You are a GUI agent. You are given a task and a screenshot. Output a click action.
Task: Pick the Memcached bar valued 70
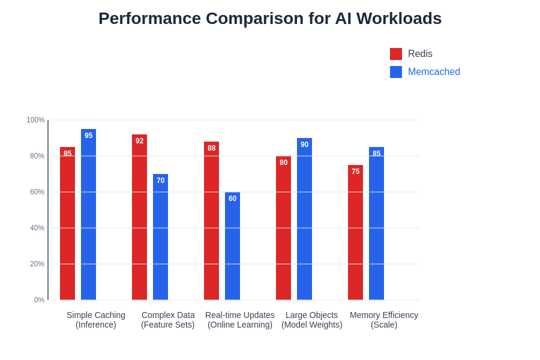pyautogui.click(x=160, y=237)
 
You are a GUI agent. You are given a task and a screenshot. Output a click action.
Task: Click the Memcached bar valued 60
pyautogui.click(x=232, y=246)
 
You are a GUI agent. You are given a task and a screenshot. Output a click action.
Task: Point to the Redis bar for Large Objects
pyautogui.click(x=283, y=228)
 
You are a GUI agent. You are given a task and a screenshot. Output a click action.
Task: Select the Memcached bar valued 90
pyautogui.click(x=304, y=219)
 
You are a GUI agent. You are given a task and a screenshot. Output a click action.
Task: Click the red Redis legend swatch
pyautogui.click(x=396, y=54)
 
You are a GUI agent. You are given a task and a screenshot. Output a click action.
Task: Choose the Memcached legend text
pyautogui.click(x=434, y=72)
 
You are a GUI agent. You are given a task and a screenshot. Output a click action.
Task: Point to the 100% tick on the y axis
pyautogui.click(x=35, y=120)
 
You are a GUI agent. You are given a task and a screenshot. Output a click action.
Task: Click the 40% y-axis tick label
pyautogui.click(x=37, y=228)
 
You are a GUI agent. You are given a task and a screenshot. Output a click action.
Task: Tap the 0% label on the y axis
pyautogui.click(x=39, y=300)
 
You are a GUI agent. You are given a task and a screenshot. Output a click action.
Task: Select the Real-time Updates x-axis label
pyautogui.click(x=240, y=320)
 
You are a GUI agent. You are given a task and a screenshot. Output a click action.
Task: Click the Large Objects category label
pyautogui.click(x=311, y=320)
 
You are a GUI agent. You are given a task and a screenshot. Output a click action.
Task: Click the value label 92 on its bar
pyautogui.click(x=139, y=141)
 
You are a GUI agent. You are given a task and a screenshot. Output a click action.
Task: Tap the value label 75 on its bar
pyautogui.click(x=355, y=172)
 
